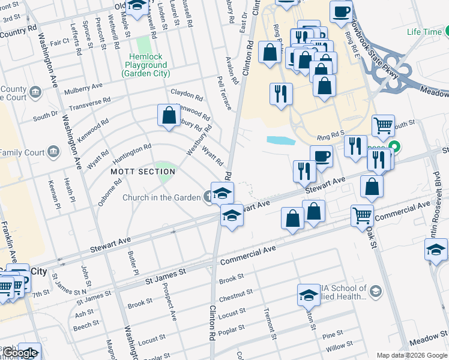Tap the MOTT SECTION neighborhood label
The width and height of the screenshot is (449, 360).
pos(143,172)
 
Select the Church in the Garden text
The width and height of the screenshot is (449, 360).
pos(161,197)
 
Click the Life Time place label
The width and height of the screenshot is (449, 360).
pos(424,32)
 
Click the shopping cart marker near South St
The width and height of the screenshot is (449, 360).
pos(383,126)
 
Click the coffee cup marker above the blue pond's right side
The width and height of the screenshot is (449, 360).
pos(322,157)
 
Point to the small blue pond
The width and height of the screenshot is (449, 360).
pos(280,140)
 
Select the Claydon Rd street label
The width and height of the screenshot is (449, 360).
pos(187,94)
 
